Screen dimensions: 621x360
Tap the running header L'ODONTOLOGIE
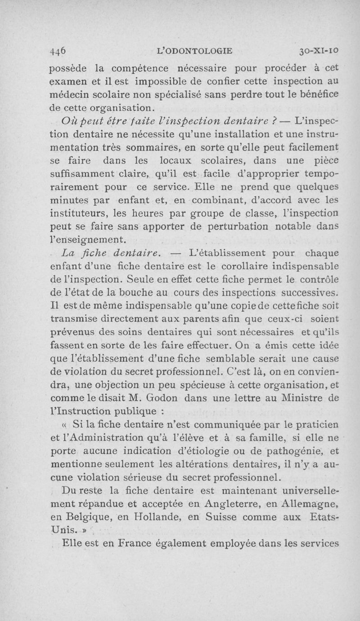point(194,51)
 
